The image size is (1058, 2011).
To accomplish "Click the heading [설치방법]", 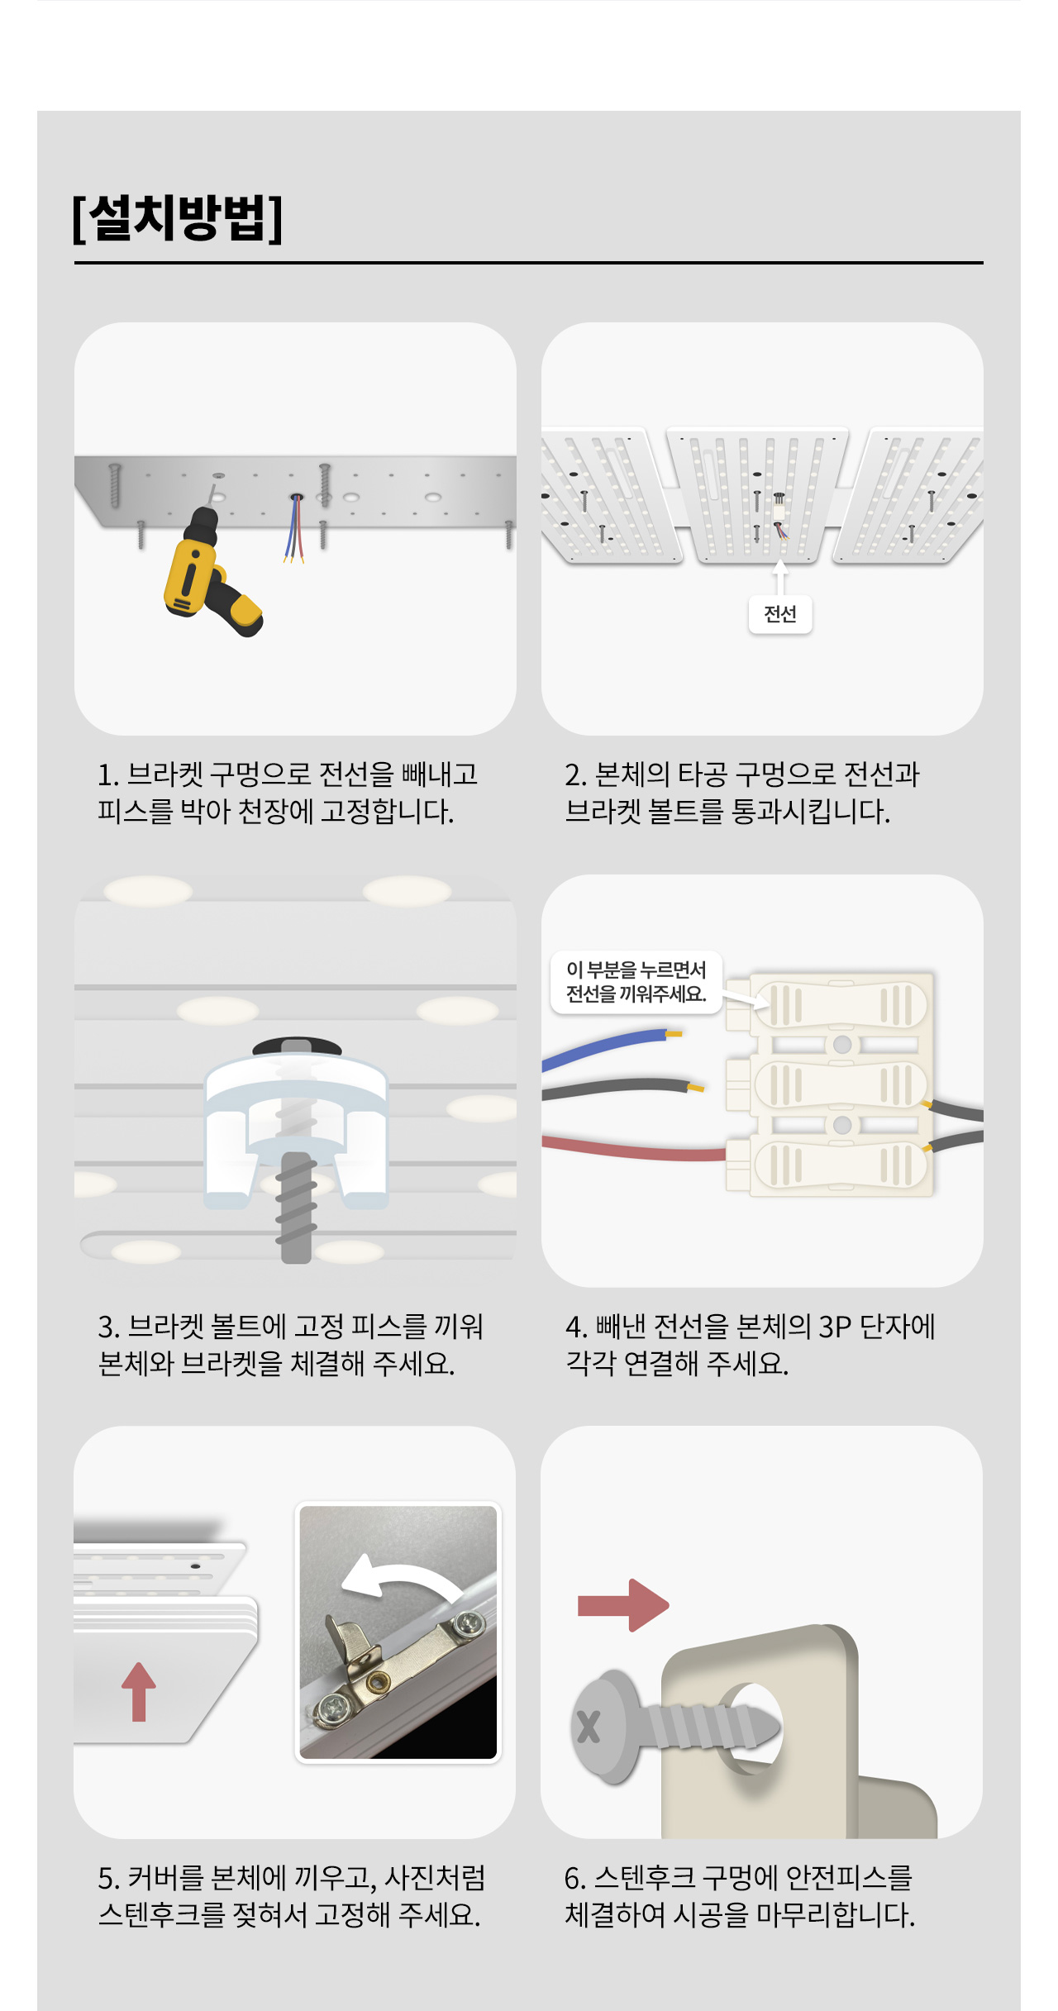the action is [x=178, y=218].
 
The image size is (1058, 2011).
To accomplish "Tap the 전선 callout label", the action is [x=780, y=614].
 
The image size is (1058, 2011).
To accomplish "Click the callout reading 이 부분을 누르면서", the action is [x=636, y=970].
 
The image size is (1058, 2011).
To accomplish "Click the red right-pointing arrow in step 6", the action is [x=623, y=1605].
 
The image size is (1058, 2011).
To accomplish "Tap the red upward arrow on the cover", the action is [x=139, y=1692].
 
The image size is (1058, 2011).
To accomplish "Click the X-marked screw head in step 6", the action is [x=605, y=1726].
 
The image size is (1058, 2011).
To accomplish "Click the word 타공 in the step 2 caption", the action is [x=703, y=774].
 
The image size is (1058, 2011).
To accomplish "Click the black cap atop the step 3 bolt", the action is [x=297, y=1046].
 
